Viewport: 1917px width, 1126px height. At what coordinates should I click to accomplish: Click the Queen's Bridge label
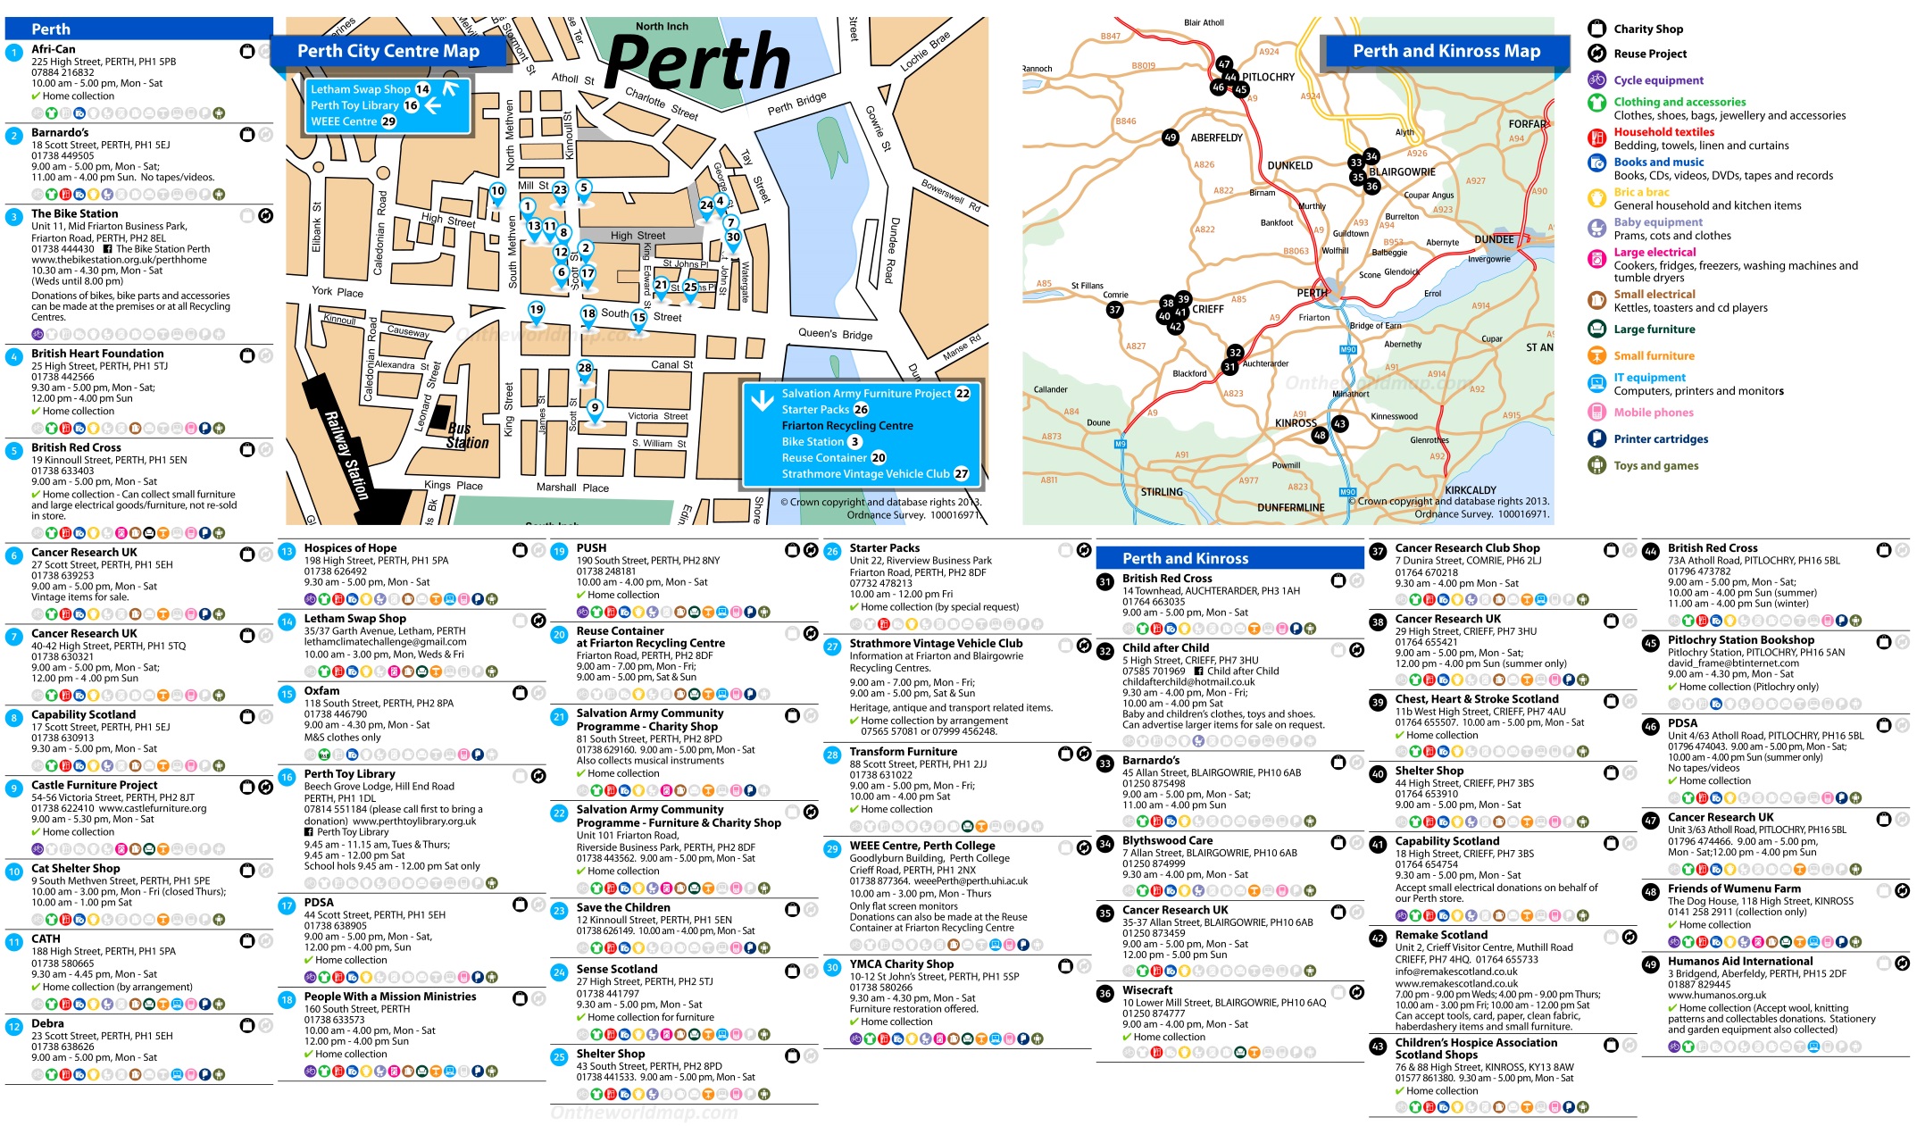click(x=835, y=334)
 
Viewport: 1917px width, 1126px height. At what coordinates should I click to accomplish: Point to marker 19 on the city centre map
click(x=536, y=310)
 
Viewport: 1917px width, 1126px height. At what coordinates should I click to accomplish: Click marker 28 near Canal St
click(x=585, y=368)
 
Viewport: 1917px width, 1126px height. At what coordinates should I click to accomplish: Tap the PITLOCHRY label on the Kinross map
click(x=1268, y=77)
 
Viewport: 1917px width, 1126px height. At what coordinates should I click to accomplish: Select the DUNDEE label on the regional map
click(x=1493, y=239)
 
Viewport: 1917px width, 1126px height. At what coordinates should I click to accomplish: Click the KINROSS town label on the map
click(x=1295, y=423)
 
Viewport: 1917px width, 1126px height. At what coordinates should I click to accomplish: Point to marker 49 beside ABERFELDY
click(x=1170, y=138)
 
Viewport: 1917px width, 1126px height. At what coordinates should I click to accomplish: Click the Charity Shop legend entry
click(x=1647, y=29)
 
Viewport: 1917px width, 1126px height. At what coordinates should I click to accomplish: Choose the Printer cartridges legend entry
click(x=1660, y=438)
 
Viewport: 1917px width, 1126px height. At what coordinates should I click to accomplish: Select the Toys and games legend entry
click(x=1655, y=465)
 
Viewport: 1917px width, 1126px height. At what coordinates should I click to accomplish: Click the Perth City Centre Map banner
click(x=388, y=51)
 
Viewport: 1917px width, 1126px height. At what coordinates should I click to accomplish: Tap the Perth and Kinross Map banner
click(x=1446, y=51)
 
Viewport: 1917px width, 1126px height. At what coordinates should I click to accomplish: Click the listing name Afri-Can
click(x=54, y=49)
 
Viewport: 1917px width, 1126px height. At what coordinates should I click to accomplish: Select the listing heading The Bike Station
click(x=74, y=213)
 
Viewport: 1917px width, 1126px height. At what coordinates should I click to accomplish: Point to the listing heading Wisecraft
click(x=1147, y=990)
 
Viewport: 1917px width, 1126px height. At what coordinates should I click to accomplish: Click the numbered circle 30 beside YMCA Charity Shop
click(x=832, y=967)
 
